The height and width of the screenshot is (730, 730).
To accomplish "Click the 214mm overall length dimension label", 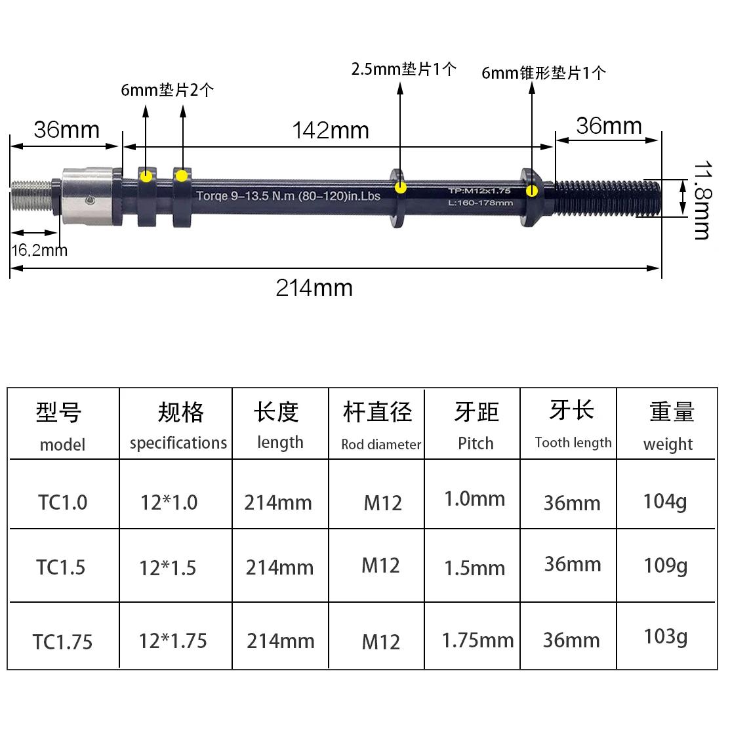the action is (x=314, y=288).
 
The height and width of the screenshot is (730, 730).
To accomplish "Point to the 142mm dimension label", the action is (x=331, y=131).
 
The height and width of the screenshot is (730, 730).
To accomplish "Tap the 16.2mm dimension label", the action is (x=39, y=251).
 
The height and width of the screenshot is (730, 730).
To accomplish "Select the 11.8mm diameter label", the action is (x=702, y=200).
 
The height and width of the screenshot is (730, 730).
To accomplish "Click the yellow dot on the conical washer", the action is (x=532, y=191).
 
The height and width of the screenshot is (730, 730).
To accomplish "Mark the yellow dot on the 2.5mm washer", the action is (x=400, y=188).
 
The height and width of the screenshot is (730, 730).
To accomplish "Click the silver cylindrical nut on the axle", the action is (x=87, y=197).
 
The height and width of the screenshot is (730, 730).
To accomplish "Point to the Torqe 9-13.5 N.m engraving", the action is (x=288, y=196).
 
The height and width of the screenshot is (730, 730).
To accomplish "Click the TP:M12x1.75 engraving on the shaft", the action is (x=479, y=190).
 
